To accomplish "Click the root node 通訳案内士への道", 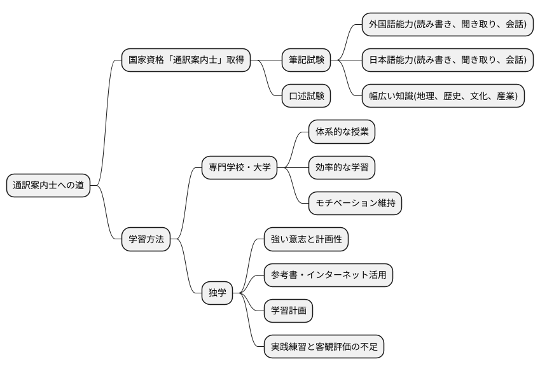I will pyautogui.click(x=48, y=186).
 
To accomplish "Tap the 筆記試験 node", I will pyautogui.click(x=306, y=60).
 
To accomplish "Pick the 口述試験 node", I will pyautogui.click(x=306, y=95).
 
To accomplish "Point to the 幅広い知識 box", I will pyautogui.click(x=443, y=95).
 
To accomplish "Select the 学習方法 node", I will pyautogui.click(x=146, y=239).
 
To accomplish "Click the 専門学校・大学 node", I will pyautogui.click(x=240, y=168).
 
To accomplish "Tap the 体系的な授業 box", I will pyautogui.click(x=341, y=132).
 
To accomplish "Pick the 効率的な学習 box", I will pyautogui.click(x=341, y=168).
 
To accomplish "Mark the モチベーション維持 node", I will pyautogui.click(x=355, y=204).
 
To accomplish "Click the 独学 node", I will pyautogui.click(x=217, y=293).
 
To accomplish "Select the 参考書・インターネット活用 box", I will pyautogui.click(x=328, y=275).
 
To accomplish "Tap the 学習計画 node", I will pyautogui.click(x=288, y=311).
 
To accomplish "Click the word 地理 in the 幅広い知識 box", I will pyautogui.click(x=425, y=95).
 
